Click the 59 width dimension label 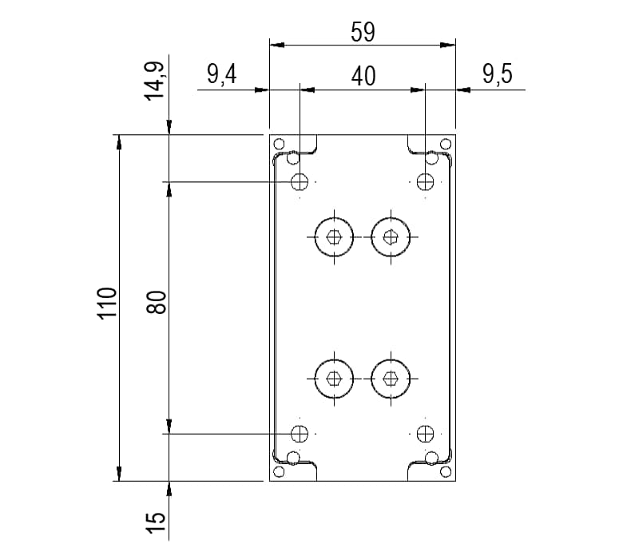[x=363, y=32]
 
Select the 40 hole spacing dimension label [x=363, y=76]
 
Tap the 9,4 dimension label [x=222, y=74]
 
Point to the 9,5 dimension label [x=498, y=74]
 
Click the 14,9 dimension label [x=154, y=81]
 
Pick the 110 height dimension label [x=107, y=303]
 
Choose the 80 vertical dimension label [x=156, y=303]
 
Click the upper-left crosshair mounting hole [x=300, y=181]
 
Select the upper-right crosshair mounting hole [x=425, y=181]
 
